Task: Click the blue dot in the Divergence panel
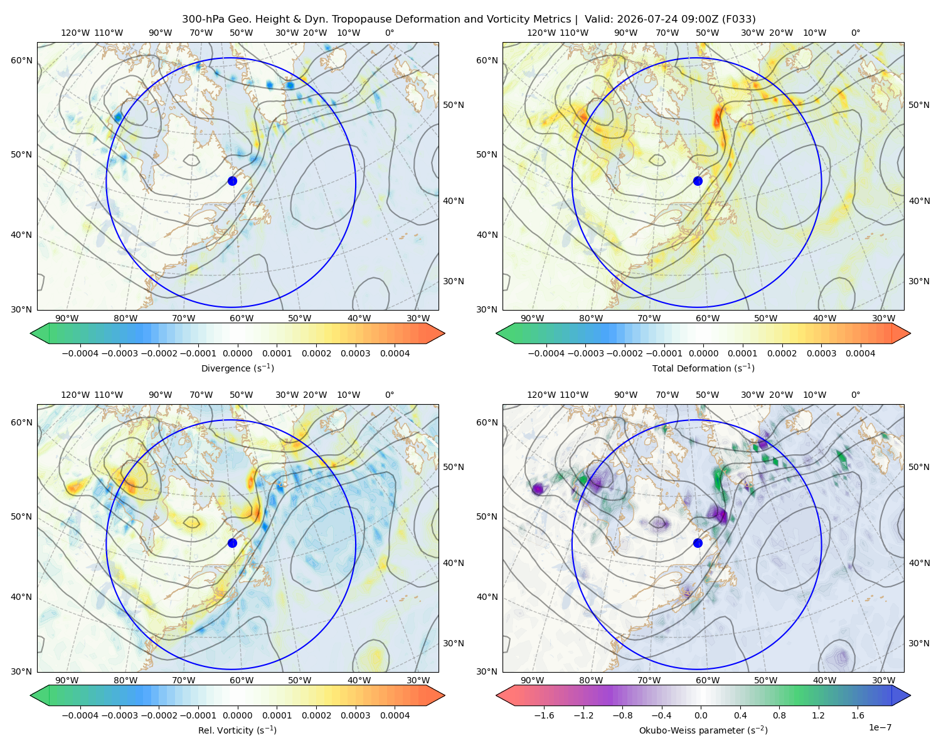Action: tap(232, 181)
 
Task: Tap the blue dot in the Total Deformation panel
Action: tap(698, 181)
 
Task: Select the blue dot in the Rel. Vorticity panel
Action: tap(232, 543)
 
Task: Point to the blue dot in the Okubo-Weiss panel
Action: tap(698, 543)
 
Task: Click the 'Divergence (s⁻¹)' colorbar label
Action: tap(237, 368)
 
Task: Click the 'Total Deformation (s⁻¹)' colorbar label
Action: tap(703, 368)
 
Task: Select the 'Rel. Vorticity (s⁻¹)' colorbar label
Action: tap(237, 730)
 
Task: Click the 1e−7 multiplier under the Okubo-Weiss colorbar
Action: tap(880, 727)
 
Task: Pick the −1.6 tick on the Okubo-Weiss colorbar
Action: tap(544, 715)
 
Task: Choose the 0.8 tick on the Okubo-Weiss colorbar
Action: tap(779, 715)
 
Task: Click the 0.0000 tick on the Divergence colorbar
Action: tap(237, 353)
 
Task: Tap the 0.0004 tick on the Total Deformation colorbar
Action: tap(860, 353)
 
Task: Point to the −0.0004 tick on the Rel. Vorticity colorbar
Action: tap(80, 715)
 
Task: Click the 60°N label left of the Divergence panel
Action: tap(21, 60)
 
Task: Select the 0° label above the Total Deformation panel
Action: tap(855, 33)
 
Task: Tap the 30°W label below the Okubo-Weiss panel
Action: tap(883, 680)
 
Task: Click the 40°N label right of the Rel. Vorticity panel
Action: tap(454, 563)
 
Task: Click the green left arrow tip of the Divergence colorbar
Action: tap(31, 333)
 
